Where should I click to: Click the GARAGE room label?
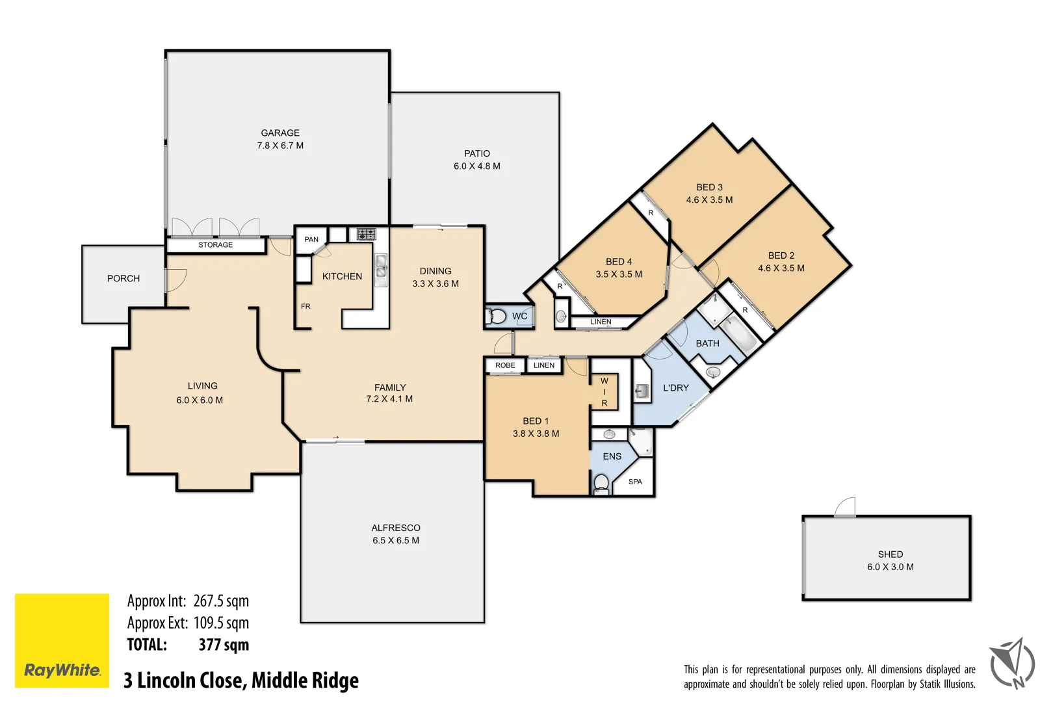(x=280, y=133)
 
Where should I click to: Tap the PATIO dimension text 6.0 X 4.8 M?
(x=476, y=166)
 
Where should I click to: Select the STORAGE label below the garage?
(x=215, y=245)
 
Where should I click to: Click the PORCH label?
(x=123, y=278)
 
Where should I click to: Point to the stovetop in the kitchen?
(x=366, y=234)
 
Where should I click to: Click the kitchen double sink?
(x=381, y=269)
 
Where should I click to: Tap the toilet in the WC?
(x=497, y=317)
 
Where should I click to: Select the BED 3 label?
(x=709, y=187)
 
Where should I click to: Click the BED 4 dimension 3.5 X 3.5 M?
(x=619, y=274)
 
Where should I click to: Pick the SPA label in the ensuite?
(x=635, y=482)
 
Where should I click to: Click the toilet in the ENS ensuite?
(x=601, y=483)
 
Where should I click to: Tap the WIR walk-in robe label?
(x=604, y=392)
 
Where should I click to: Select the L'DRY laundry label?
(x=675, y=388)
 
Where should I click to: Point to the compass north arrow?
(x=1013, y=663)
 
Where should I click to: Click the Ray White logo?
(x=62, y=640)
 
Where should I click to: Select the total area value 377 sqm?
(x=224, y=645)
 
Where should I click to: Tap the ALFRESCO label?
(x=395, y=528)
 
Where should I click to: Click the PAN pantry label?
(x=311, y=239)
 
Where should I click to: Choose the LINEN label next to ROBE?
(x=543, y=365)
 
